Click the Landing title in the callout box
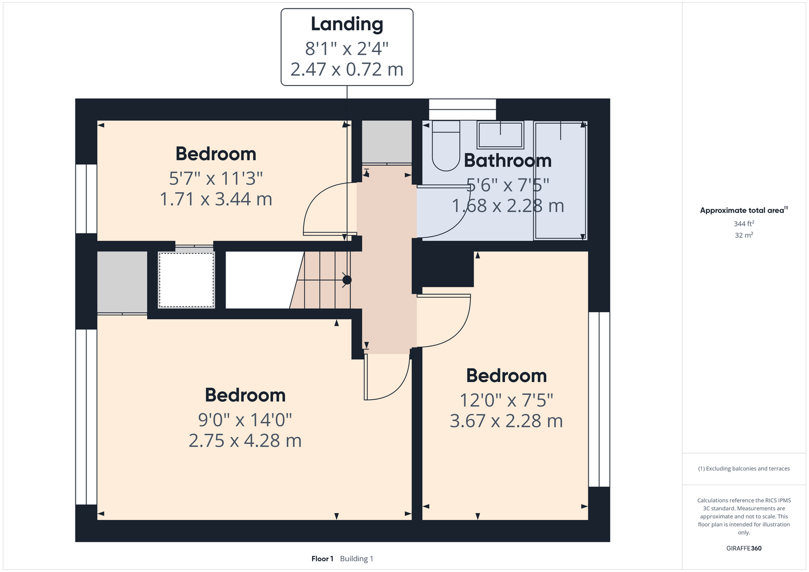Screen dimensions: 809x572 [x=347, y=25]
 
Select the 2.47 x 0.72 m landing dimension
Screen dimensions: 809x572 [x=347, y=69]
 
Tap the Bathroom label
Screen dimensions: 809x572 [x=507, y=161]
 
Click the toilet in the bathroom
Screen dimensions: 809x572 [x=445, y=146]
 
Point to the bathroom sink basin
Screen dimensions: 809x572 [x=500, y=135]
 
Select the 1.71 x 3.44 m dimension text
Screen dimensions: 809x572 [x=216, y=199]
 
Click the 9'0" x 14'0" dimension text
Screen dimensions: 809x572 [x=245, y=420]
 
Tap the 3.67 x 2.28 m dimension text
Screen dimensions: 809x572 [x=506, y=421]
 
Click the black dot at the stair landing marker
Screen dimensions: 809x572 [x=347, y=280]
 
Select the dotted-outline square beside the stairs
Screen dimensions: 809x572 [x=187, y=280]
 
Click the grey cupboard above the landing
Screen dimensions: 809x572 [x=387, y=142]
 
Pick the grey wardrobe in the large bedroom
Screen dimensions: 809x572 [x=122, y=282]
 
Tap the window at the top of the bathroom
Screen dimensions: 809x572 [x=462, y=109]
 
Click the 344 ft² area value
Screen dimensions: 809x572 [x=744, y=224]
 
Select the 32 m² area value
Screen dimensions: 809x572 [x=744, y=235]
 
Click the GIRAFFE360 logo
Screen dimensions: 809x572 [x=744, y=548]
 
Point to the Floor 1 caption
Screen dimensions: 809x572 [x=322, y=559]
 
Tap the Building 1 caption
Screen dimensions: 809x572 [x=357, y=559]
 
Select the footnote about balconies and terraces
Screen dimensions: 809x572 [x=744, y=468]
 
